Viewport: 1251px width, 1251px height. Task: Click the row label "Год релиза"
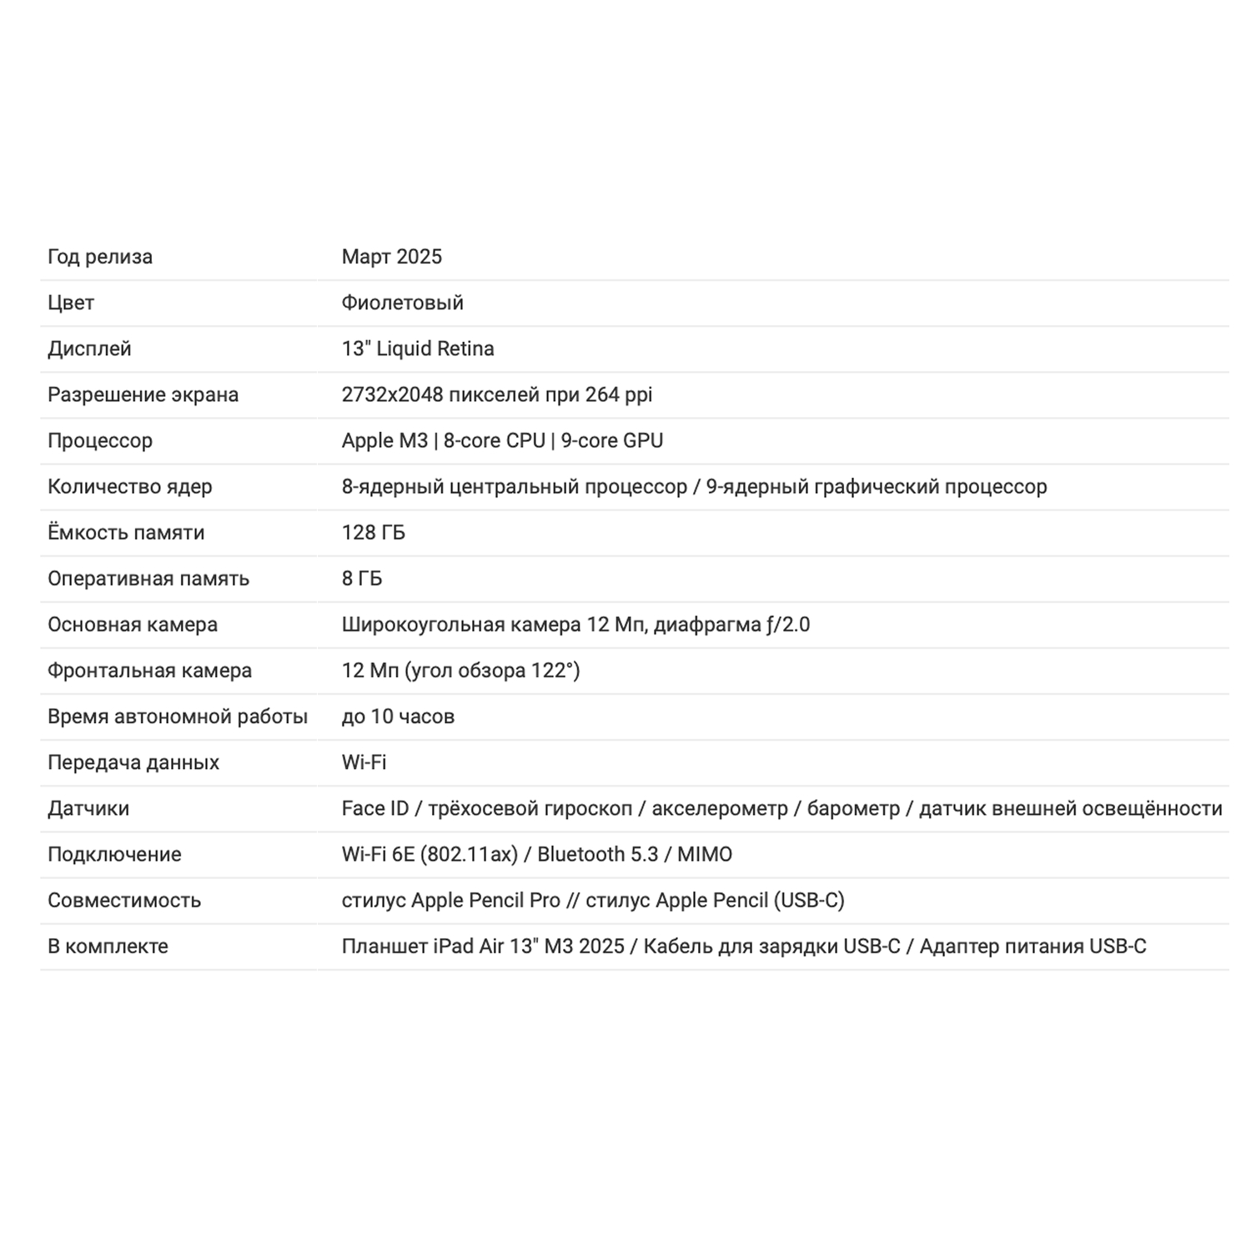pos(100,257)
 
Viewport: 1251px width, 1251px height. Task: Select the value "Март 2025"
pos(391,257)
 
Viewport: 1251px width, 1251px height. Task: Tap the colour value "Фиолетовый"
pos(402,303)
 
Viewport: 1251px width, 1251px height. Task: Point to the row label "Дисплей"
pos(89,349)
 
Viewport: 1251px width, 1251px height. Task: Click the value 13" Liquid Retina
pos(417,349)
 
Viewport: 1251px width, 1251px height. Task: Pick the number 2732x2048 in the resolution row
pos(392,394)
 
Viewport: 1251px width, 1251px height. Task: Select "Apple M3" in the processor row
pos(384,440)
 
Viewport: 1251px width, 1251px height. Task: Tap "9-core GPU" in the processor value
pos(611,440)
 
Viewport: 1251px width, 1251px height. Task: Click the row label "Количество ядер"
pos(129,486)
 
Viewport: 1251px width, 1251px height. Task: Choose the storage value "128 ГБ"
pos(373,532)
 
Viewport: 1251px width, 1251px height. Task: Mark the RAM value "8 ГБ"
pos(361,578)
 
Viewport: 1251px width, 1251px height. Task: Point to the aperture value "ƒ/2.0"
pos(788,625)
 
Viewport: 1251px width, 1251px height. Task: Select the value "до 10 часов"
pos(397,716)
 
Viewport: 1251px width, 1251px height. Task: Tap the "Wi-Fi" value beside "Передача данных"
pos(364,762)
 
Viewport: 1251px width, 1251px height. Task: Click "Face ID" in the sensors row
pos(375,808)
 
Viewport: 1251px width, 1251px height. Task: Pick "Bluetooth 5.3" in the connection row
pos(597,854)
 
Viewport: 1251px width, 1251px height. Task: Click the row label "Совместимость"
pos(124,900)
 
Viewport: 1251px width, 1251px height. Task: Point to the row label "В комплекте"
pos(108,946)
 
